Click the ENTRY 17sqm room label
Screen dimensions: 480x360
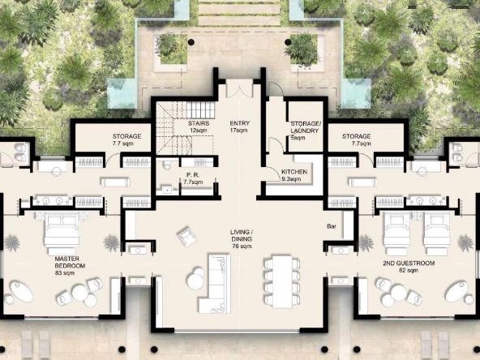[x=240, y=126]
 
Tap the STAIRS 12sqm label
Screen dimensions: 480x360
[x=199, y=126]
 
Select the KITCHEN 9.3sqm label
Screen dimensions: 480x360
[x=294, y=175]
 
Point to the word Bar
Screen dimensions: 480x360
[x=332, y=226]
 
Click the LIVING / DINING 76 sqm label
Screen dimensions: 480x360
[x=242, y=238]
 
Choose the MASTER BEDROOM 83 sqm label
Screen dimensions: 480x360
[x=70, y=266]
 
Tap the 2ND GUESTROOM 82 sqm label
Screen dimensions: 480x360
[x=409, y=267]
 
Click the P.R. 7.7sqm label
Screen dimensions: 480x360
[x=193, y=178]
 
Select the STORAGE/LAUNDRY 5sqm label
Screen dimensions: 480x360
[x=305, y=131]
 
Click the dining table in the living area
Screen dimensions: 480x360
[x=282, y=282]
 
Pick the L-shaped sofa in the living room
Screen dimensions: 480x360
[x=215, y=284]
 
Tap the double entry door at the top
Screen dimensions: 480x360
[x=240, y=88]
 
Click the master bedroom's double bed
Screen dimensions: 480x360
[x=62, y=234]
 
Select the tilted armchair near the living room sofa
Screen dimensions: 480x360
[x=187, y=236]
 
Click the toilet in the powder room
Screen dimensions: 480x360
[x=167, y=165]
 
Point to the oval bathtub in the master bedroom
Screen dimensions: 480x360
[x=21, y=292]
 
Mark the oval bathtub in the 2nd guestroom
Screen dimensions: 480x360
[x=456, y=292]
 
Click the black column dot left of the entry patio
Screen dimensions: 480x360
[x=191, y=42]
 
